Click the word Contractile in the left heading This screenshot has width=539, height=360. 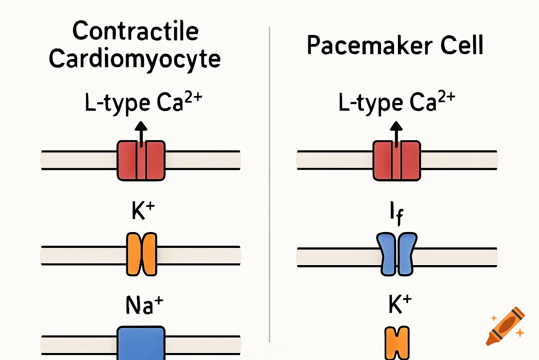tap(135, 31)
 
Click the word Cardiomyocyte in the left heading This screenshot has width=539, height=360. tap(135, 59)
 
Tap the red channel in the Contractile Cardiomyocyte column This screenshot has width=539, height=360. tap(141, 161)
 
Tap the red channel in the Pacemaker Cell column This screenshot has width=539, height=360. tap(397, 161)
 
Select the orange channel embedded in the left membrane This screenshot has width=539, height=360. tap(141, 254)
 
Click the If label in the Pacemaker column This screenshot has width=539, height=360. tap(397, 213)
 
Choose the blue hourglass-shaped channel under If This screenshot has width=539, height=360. tap(397, 254)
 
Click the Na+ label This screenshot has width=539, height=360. tap(144, 305)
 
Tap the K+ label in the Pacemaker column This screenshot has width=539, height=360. tap(400, 304)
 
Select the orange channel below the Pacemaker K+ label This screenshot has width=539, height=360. tap(397, 343)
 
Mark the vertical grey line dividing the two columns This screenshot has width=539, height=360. tap(269, 183)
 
